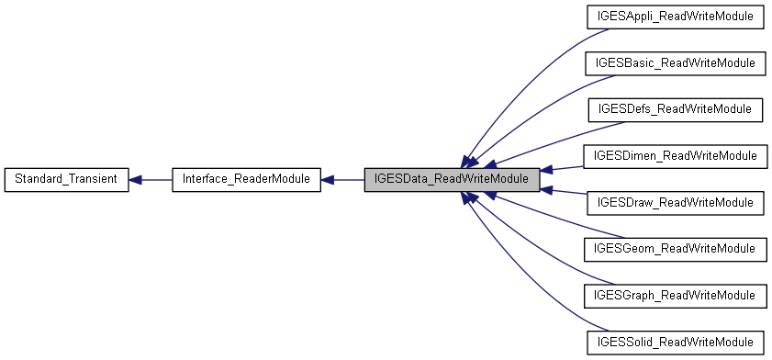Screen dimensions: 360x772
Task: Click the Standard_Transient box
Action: pyautogui.click(x=66, y=179)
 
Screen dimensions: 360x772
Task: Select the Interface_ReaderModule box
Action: pyautogui.click(x=246, y=179)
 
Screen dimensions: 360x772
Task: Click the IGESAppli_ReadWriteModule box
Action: pyautogui.click(x=675, y=17)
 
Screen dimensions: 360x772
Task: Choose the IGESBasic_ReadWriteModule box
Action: pyautogui.click(x=675, y=63)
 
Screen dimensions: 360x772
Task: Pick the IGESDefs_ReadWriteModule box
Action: pyautogui.click(x=675, y=109)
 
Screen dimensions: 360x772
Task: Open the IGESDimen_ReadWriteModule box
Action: pyautogui.click(x=675, y=156)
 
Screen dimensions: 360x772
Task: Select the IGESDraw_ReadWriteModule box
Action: pyautogui.click(x=675, y=202)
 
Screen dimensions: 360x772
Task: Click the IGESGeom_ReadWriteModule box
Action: pyautogui.click(x=675, y=249)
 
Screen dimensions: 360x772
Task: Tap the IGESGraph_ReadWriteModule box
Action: pyautogui.click(x=675, y=296)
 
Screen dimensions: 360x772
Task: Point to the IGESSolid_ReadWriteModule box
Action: pyautogui.click(x=675, y=342)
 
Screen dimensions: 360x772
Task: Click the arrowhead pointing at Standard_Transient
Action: pyautogui.click(x=135, y=179)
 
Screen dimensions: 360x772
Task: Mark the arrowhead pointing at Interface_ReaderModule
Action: pyautogui.click(x=328, y=179)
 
